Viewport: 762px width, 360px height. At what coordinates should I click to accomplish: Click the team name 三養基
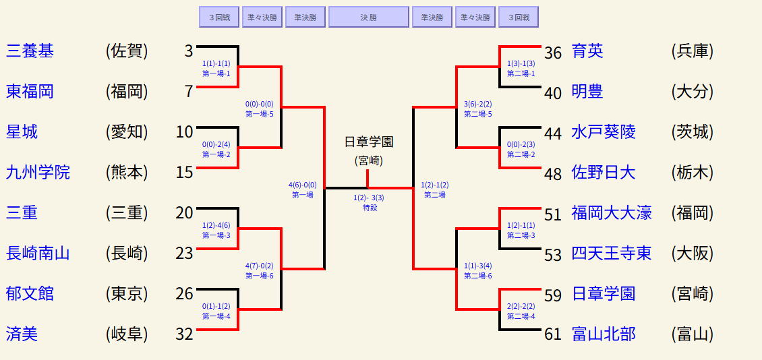coord(30,51)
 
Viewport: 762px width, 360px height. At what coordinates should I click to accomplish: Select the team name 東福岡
coord(30,92)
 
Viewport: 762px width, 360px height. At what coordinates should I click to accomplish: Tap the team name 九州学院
coord(38,173)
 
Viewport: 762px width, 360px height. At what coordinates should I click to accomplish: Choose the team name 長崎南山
coord(38,253)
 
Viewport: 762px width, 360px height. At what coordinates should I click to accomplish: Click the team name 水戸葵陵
coord(604,132)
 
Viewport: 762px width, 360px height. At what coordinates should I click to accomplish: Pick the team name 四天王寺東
coord(612,253)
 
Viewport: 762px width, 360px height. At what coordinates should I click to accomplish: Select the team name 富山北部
coord(604,334)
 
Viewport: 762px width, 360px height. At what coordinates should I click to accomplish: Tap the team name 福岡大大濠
coord(612,213)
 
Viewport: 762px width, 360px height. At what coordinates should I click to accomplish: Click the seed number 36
coord(553,53)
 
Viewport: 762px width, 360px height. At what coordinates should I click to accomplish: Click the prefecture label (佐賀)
coord(127,51)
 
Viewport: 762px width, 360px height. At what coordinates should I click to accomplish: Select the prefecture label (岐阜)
coord(127,334)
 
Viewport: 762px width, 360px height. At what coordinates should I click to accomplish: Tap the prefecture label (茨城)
coord(693,132)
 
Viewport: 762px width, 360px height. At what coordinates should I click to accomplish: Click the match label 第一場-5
coord(260,114)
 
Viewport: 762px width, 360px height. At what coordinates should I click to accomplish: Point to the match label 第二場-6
coord(478,276)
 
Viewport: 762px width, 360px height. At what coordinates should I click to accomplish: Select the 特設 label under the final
coord(370,208)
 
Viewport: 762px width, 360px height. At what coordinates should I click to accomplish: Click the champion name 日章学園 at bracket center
coord(368,142)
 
